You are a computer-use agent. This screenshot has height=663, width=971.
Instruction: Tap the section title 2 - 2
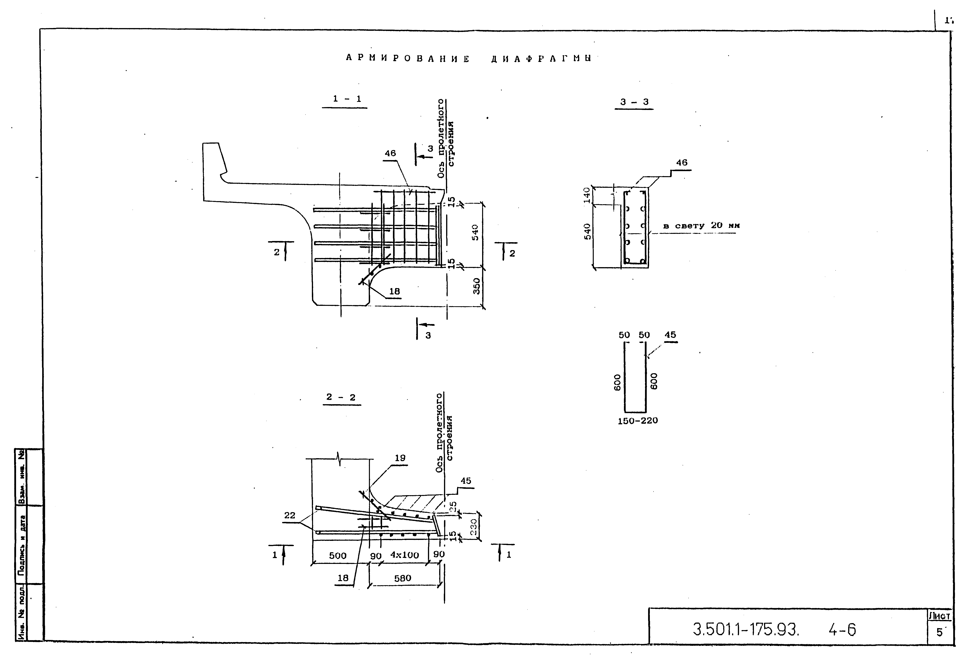[341, 397]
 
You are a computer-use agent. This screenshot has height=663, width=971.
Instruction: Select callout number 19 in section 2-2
[400, 458]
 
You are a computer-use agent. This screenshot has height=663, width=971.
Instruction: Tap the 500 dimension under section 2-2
[338, 556]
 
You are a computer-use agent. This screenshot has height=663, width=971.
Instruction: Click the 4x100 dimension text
[405, 555]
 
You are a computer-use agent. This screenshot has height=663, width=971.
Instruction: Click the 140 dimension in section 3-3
[587, 195]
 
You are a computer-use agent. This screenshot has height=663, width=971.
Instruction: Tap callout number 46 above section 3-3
[681, 163]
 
